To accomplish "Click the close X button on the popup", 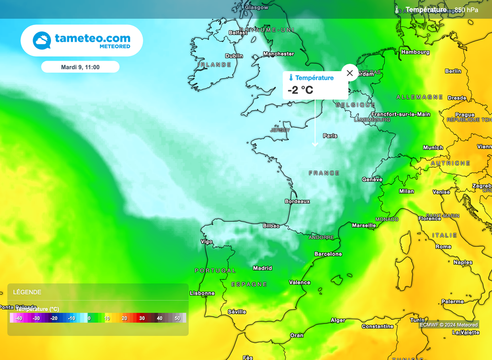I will pos(349,73).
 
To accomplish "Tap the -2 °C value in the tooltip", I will pos(300,90).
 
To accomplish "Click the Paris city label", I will pos(330,136).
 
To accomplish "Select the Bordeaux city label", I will pos(297,201).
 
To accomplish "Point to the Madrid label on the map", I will pos(262,268).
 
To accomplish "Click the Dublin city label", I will pos(234,56).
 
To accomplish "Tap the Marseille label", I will pos(364,225).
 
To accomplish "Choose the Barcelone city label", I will pos(328,254).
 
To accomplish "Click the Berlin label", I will pos(453,71).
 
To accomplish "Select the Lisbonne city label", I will pos(202,293).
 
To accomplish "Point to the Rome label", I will pos(443,247).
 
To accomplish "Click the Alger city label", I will pos(338,320).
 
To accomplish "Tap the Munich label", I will pos(433,148).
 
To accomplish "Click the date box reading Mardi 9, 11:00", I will pos(80,67).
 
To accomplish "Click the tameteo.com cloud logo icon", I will pos(42,40).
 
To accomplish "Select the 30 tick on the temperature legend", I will pos(142,318).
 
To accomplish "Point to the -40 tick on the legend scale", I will pos(19,318).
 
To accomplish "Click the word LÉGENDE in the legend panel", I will pos(27,292).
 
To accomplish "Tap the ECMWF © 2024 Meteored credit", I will pos(449,325).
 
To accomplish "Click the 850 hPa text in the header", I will pos(466,10).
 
